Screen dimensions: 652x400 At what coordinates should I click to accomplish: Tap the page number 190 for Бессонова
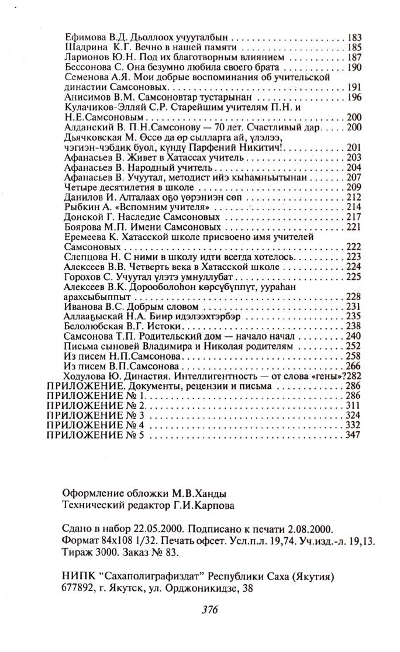click(x=354, y=67)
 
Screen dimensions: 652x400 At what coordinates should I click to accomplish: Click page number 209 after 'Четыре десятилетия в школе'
click(x=354, y=187)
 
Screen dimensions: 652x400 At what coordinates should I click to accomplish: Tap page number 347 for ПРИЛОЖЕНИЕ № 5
click(x=354, y=435)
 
